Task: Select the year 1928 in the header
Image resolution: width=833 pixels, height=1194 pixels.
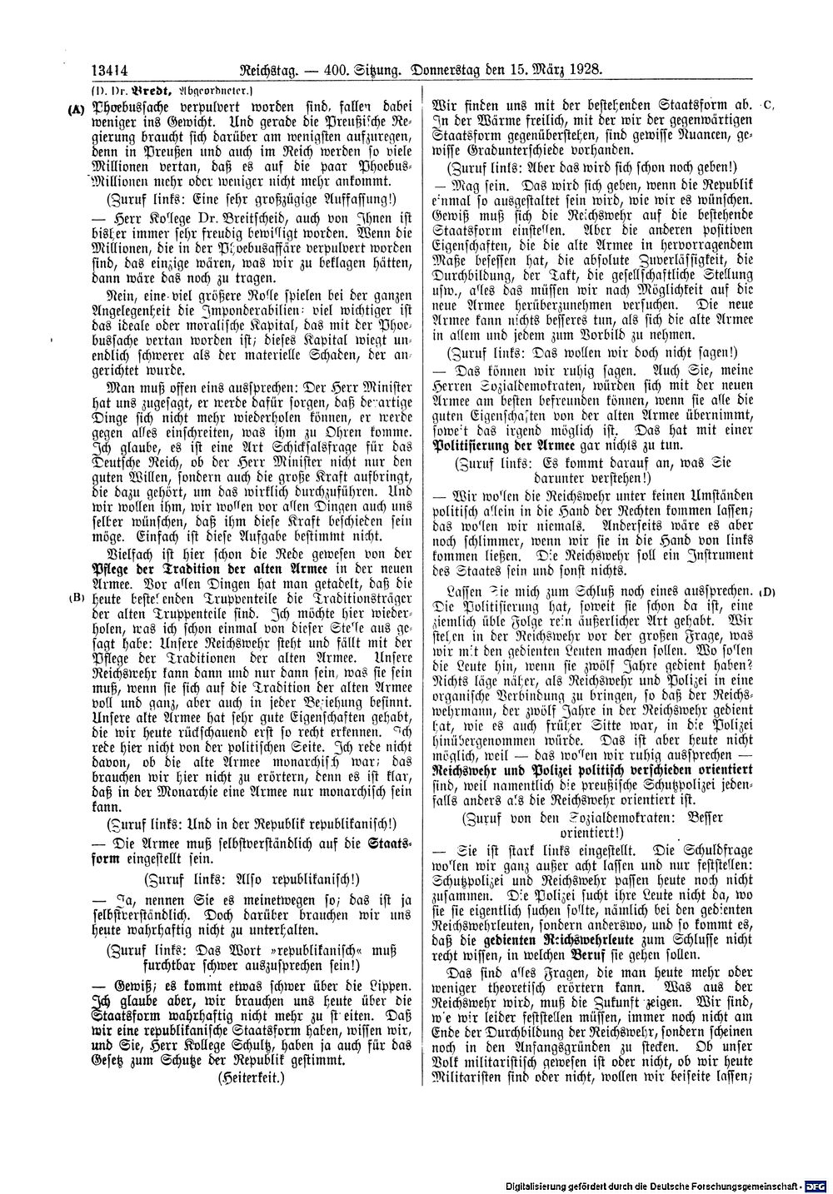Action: (582, 72)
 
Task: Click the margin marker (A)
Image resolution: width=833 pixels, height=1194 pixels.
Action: (77, 107)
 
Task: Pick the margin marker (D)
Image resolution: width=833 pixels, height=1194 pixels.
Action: (767, 591)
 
